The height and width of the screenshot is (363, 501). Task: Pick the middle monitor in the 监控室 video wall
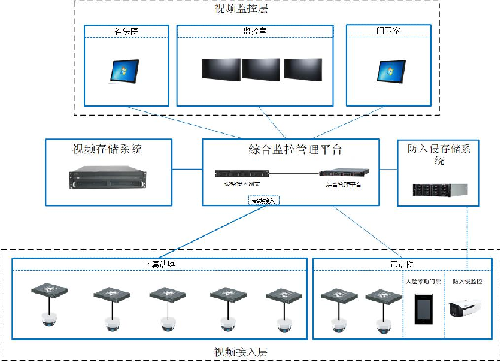tap(260, 69)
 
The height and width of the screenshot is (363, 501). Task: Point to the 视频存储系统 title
tap(108, 148)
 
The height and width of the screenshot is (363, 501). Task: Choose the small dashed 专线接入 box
tap(263, 201)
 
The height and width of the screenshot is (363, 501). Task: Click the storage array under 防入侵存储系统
tap(438, 189)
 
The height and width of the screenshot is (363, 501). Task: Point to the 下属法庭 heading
tap(159, 264)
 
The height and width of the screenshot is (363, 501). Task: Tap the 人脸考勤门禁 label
tap(423, 280)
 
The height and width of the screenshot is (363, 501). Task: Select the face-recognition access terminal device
tap(423, 310)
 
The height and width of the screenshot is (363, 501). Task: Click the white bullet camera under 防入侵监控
tap(464, 308)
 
